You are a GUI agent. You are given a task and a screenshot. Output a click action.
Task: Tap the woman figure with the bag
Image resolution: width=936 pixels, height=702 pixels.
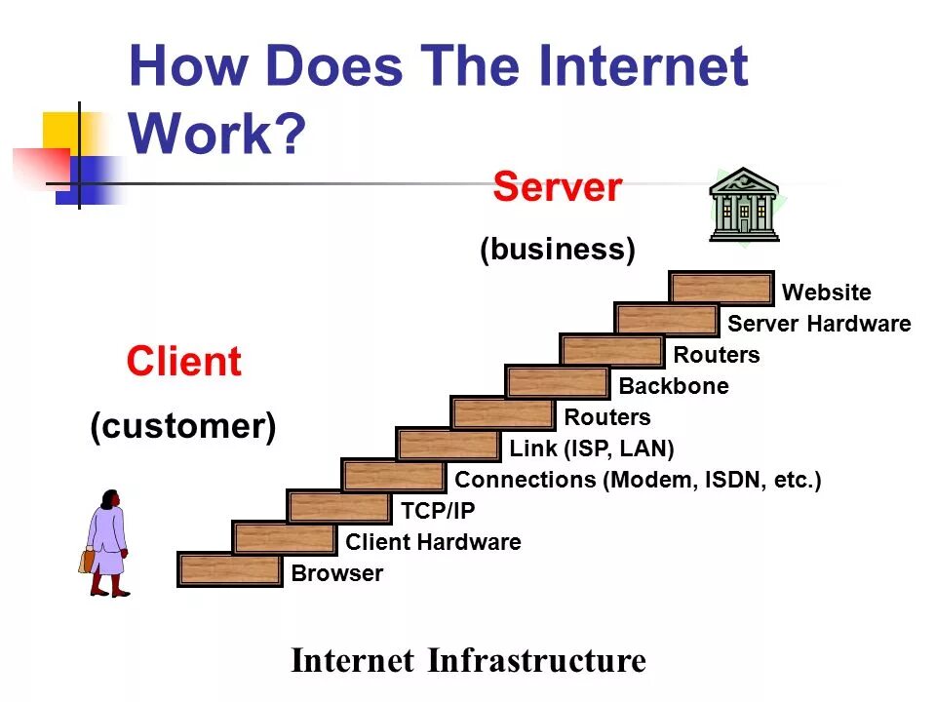[107, 541]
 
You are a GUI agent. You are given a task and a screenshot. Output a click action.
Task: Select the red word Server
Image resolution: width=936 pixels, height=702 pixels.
[557, 186]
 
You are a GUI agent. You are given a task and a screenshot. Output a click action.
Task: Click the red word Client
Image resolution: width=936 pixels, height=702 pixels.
[183, 363]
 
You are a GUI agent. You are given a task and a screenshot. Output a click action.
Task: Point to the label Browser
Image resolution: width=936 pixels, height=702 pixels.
[337, 573]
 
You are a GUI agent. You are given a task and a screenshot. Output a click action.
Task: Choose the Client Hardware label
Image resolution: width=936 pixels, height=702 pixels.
[433, 542]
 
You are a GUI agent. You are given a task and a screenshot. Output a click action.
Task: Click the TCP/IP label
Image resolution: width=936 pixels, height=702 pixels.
[438, 511]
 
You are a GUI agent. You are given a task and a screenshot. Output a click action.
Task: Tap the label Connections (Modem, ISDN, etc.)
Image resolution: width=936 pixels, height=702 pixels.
[638, 480]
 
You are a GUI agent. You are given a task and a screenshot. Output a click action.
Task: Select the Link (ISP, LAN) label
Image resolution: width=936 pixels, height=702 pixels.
[592, 448]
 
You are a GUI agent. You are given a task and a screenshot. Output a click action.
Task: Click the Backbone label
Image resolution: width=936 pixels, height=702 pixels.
[674, 386]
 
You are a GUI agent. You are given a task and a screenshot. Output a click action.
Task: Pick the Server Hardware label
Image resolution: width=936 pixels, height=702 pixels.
[819, 324]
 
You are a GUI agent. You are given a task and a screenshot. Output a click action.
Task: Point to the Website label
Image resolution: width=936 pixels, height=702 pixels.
[826, 292]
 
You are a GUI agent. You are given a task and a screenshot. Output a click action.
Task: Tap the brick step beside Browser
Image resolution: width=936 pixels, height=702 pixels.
[230, 570]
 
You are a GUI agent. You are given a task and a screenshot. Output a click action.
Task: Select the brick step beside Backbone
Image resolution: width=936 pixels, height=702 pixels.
[558, 383]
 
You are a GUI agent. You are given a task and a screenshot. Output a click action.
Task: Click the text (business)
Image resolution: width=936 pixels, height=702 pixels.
[557, 250]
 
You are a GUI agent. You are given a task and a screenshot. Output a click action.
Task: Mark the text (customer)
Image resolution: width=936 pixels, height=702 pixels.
[183, 427]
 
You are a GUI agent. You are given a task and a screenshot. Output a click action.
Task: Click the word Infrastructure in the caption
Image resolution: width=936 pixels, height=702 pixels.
[536, 660]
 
